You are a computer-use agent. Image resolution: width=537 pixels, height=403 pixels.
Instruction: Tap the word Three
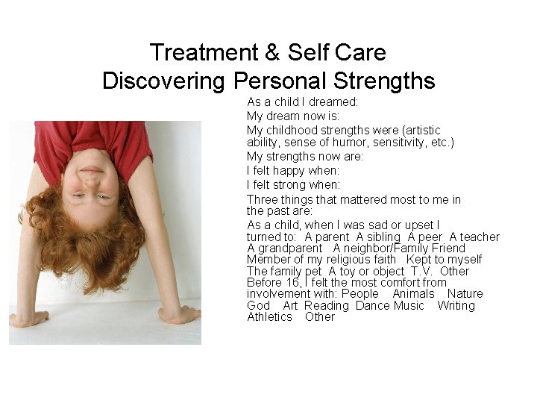pyautogui.click(x=263, y=199)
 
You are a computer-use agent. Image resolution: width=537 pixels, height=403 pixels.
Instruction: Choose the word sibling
pyautogui.click(x=380, y=237)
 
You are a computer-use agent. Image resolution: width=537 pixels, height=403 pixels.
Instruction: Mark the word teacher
pyautogui.click(x=478, y=237)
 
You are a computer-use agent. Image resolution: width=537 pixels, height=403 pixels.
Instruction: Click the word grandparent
pyautogui.click(x=289, y=249)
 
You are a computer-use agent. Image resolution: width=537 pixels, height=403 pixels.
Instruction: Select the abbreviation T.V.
pyautogui.click(x=422, y=271)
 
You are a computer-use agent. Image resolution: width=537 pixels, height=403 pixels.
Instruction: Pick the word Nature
pyautogui.click(x=465, y=294)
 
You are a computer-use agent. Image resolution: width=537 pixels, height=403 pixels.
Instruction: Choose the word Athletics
pyautogui.click(x=269, y=317)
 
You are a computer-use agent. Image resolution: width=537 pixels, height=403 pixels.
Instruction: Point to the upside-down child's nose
pyautogui.click(x=91, y=183)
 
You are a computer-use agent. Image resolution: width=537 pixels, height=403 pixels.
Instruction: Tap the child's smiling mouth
pyautogui.click(x=92, y=170)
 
